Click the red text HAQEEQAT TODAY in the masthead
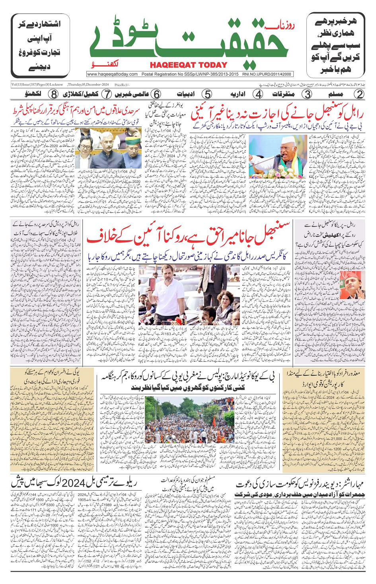coord(188,65)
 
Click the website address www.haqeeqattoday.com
coord(112,74)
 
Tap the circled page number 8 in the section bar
coord(53,94)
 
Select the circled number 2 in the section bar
coord(358,94)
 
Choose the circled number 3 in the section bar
coord(307,94)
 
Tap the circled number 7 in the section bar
coord(106,94)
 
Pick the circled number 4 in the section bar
coord(258,94)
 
